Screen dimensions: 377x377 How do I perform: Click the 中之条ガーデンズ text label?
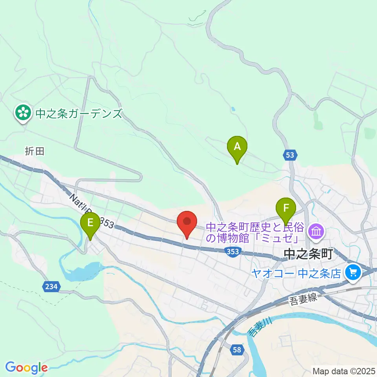point(79,114)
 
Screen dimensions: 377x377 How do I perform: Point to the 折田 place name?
point(35,151)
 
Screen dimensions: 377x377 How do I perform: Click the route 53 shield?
point(289,156)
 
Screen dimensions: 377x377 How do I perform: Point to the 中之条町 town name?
point(308,254)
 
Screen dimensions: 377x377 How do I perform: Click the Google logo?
point(26,368)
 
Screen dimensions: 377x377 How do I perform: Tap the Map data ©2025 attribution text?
point(344,371)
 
